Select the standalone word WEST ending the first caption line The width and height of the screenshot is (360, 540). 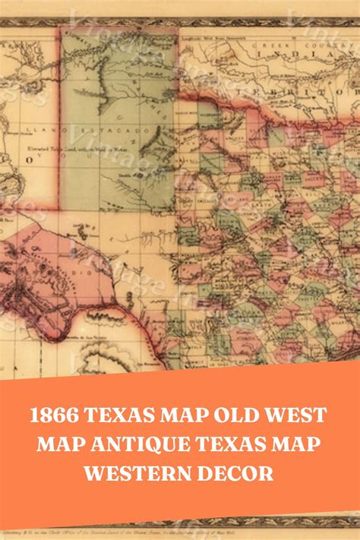[x=299, y=415]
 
